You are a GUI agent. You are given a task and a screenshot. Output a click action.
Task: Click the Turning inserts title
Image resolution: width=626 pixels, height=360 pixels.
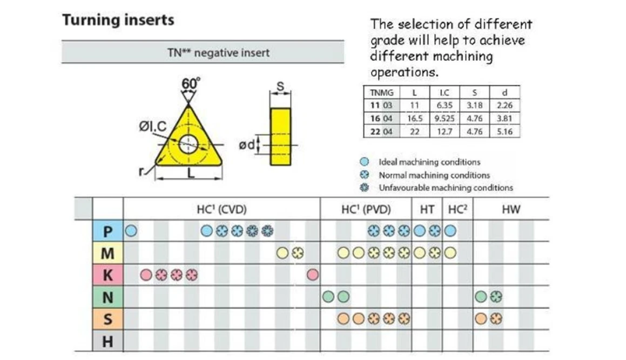pyautogui.click(x=118, y=20)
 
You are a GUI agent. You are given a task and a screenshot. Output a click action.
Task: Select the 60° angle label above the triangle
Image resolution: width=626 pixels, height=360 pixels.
pyautogui.click(x=191, y=83)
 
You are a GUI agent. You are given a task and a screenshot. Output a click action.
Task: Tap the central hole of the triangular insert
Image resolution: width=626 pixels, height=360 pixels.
pyautogui.click(x=189, y=144)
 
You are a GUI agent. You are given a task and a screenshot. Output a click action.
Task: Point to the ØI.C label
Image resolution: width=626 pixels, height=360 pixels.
pyautogui.click(x=152, y=126)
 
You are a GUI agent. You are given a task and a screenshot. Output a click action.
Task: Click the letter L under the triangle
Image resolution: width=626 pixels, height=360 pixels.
pyautogui.click(x=191, y=173)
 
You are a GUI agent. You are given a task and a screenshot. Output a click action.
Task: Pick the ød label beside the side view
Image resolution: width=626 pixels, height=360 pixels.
pyautogui.click(x=246, y=145)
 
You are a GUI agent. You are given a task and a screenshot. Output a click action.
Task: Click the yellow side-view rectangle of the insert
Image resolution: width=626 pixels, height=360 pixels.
pyautogui.click(x=281, y=137)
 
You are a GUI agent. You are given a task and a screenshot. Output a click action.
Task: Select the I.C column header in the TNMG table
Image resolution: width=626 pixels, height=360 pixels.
pyautogui.click(x=445, y=92)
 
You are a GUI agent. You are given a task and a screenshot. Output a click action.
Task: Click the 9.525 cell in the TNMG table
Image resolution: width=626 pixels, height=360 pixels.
pyautogui.click(x=445, y=118)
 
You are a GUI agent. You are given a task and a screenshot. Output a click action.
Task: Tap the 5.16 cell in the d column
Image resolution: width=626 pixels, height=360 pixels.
pyautogui.click(x=504, y=131)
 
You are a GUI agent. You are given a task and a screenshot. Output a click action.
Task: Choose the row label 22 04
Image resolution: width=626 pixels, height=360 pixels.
pyautogui.click(x=381, y=131)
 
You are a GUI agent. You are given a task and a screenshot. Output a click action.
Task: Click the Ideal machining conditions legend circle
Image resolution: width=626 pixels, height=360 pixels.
pyautogui.click(x=364, y=162)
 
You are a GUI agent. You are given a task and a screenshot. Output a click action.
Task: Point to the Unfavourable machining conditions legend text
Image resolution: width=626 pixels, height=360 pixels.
pyautogui.click(x=446, y=188)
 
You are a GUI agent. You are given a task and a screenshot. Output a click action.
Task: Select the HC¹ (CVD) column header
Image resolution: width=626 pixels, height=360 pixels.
pyautogui.click(x=221, y=209)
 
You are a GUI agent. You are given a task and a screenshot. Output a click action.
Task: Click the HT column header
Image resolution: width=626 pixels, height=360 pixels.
pyautogui.click(x=427, y=209)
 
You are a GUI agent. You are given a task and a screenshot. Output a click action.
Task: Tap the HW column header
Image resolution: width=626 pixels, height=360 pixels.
pyautogui.click(x=511, y=209)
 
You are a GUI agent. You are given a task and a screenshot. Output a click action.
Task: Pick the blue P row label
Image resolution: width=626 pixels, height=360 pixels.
pyautogui.click(x=108, y=231)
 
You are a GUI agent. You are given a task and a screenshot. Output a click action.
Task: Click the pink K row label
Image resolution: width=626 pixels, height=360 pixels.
pyautogui.click(x=108, y=275)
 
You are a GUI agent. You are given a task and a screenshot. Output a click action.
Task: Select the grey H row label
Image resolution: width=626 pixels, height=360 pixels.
pyautogui.click(x=108, y=341)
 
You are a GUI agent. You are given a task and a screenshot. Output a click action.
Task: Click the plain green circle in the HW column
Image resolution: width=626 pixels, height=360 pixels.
pyautogui.click(x=481, y=296)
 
